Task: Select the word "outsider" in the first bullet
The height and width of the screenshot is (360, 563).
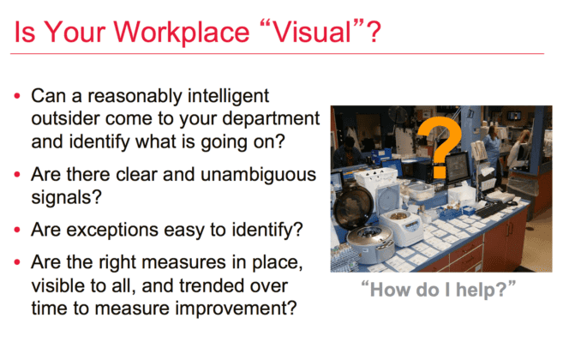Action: pyautogui.click(x=64, y=116)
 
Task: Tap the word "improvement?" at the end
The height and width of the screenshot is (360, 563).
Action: pyautogui.click(x=248, y=305)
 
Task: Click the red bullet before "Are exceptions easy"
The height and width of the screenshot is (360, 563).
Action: pyautogui.click(x=16, y=229)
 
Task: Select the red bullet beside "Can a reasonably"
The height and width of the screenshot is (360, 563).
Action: pyautogui.click(x=16, y=95)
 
